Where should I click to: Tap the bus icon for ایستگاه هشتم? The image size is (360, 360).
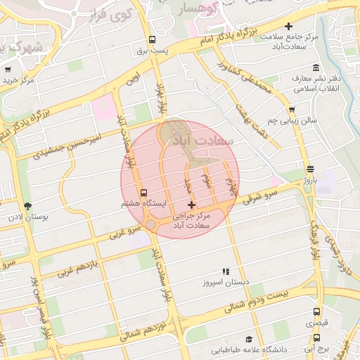tap(144, 193)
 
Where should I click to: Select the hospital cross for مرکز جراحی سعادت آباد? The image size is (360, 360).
tap(192, 204)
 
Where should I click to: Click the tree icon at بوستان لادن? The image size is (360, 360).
tap(27, 207)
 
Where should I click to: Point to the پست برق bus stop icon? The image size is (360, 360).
tap(152, 40)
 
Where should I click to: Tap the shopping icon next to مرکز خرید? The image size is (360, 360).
tap(8, 70)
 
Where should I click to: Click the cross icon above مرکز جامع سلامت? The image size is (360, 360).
tap(288, 27)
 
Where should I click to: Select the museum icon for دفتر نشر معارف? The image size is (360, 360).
tap(316, 67)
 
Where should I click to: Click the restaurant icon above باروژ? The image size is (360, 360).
tap(311, 169)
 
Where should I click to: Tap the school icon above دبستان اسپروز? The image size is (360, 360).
tap(226, 271)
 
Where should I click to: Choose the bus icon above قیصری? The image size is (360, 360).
tap(316, 312)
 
